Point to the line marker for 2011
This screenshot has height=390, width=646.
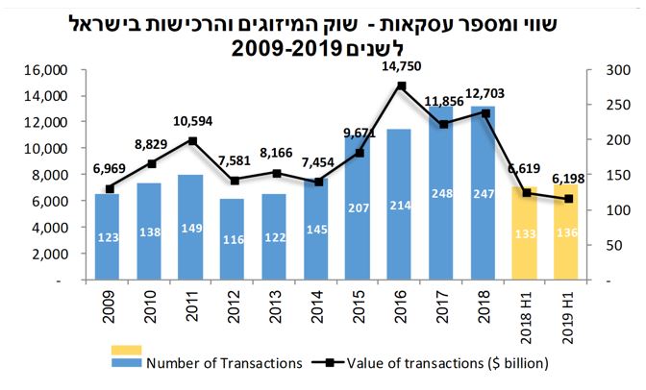tap(192, 141)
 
